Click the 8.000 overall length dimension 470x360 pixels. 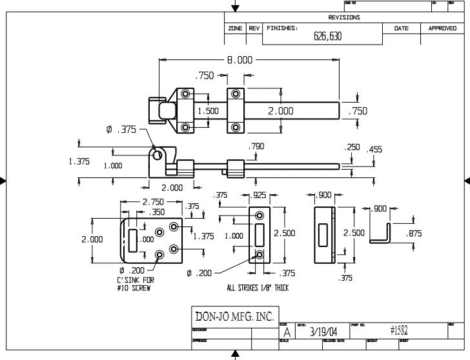pyautogui.click(x=239, y=60)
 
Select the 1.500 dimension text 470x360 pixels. pyautogui.click(x=208, y=111)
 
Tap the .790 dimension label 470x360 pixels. pyautogui.click(x=256, y=147)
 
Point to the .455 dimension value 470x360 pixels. pyautogui.click(x=374, y=150)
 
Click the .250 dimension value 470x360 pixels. pyautogui.click(x=352, y=148)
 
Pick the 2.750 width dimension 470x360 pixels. pyautogui.click(x=152, y=202)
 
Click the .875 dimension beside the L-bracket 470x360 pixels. pyautogui.click(x=414, y=234)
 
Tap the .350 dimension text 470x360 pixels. pyautogui.click(x=157, y=212)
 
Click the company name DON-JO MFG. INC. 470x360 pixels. pyautogui.click(x=234, y=316)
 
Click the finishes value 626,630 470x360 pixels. pyautogui.click(x=327, y=36)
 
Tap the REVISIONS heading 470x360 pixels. pyautogui.click(x=343, y=17)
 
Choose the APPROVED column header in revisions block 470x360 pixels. pyautogui.click(x=442, y=28)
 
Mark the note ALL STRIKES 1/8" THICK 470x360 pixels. pyautogui.click(x=258, y=288)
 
